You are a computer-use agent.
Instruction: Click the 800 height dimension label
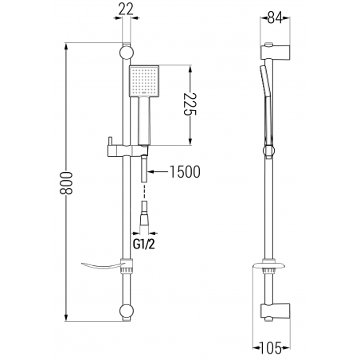point(66,183)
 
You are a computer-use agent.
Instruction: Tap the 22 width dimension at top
point(126,10)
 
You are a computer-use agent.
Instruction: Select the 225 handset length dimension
point(190,104)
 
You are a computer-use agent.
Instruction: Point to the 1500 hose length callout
point(185,172)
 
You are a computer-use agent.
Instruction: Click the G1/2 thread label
point(143,244)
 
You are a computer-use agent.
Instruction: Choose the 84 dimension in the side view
point(275,18)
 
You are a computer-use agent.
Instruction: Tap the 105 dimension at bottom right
point(271,348)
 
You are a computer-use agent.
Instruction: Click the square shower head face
point(144,81)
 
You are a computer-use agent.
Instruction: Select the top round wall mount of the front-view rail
point(127,52)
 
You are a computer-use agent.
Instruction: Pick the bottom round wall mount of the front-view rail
point(127,311)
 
